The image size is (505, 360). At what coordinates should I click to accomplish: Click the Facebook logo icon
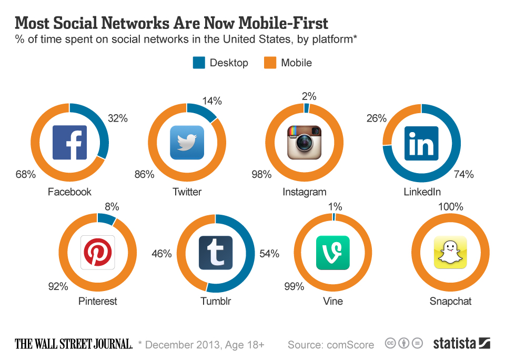tap(69, 143)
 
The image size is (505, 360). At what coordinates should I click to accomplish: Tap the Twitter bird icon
tap(187, 143)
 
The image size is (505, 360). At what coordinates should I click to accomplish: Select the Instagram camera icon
tap(304, 143)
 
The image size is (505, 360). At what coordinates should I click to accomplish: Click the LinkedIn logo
tap(421, 143)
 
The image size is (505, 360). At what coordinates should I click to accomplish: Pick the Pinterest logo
tap(97, 252)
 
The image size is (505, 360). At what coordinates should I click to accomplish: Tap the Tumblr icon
tap(216, 253)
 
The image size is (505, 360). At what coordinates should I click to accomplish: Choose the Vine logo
tap(332, 253)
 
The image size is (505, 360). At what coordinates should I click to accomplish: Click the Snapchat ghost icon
tap(450, 253)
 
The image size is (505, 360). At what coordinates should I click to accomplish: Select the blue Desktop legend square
tap(199, 63)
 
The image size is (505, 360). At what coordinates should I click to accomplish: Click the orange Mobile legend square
tap(270, 63)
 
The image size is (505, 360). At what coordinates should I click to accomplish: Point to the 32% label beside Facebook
tap(117, 118)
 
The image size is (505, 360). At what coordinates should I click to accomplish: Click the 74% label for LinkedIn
tap(463, 174)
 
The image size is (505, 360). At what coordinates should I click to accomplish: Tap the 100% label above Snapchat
tap(450, 207)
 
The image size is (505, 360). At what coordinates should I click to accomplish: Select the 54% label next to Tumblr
tap(269, 254)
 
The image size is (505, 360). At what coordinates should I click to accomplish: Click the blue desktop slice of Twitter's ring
tap(202, 111)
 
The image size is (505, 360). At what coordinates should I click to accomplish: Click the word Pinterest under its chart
tap(97, 301)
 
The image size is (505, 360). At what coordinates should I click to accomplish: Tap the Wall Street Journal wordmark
tap(73, 344)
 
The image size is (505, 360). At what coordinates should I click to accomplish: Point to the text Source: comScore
tap(331, 345)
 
